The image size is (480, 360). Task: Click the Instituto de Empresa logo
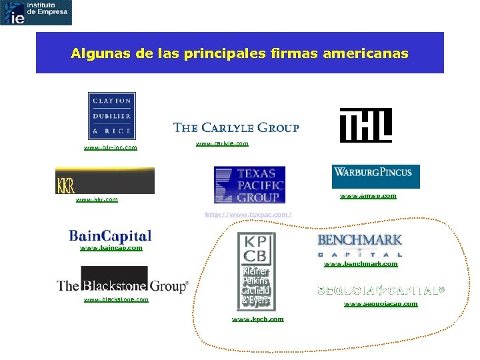click(36, 13)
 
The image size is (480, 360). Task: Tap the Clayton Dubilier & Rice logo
click(111, 116)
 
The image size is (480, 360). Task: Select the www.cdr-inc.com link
click(111, 147)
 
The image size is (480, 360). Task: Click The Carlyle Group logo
click(236, 127)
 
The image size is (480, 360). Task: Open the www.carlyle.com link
click(222, 143)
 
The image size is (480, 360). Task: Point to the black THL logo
click(365, 125)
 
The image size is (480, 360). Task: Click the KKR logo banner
click(105, 181)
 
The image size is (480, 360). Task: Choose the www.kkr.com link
click(97, 199)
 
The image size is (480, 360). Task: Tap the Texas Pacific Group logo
click(249, 185)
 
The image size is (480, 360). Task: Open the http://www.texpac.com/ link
click(249, 214)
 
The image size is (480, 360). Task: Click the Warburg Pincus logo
click(375, 176)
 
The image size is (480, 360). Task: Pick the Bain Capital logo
click(110, 236)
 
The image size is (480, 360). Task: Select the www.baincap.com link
click(111, 248)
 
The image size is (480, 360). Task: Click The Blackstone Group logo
click(122, 281)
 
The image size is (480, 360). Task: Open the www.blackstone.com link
click(116, 299)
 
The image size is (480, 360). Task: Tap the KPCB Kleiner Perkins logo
click(256, 270)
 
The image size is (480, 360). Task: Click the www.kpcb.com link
click(257, 319)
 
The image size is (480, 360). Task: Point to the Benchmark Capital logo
click(360, 245)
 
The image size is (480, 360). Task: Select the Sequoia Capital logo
click(381, 291)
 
